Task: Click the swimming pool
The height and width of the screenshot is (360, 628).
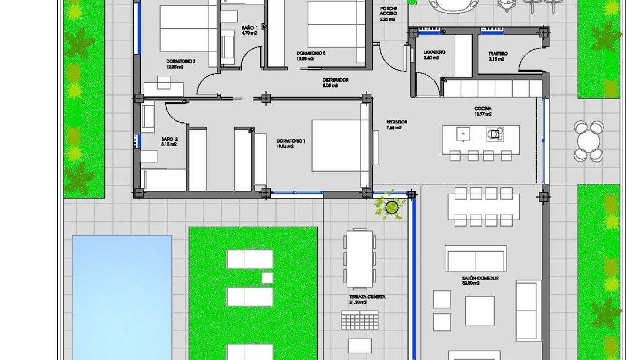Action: coord(122,295)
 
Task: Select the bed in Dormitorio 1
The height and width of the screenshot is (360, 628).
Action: coord(340,145)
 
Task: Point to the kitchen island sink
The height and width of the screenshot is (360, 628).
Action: coord(462,133)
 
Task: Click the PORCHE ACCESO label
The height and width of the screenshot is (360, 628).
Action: coord(389,11)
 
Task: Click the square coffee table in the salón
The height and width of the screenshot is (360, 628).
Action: coord(479,310)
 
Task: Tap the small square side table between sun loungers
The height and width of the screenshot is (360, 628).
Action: coord(267,278)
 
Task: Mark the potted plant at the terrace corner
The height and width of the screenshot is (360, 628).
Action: coord(392,207)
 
